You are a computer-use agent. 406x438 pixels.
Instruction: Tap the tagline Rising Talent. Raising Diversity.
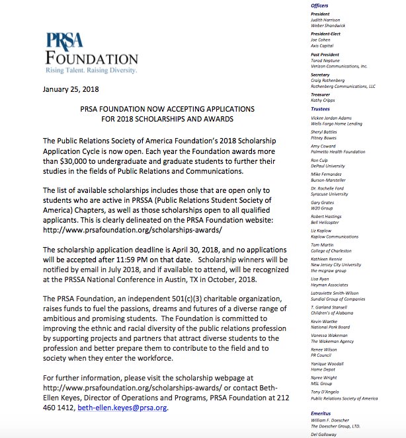tap(91, 69)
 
